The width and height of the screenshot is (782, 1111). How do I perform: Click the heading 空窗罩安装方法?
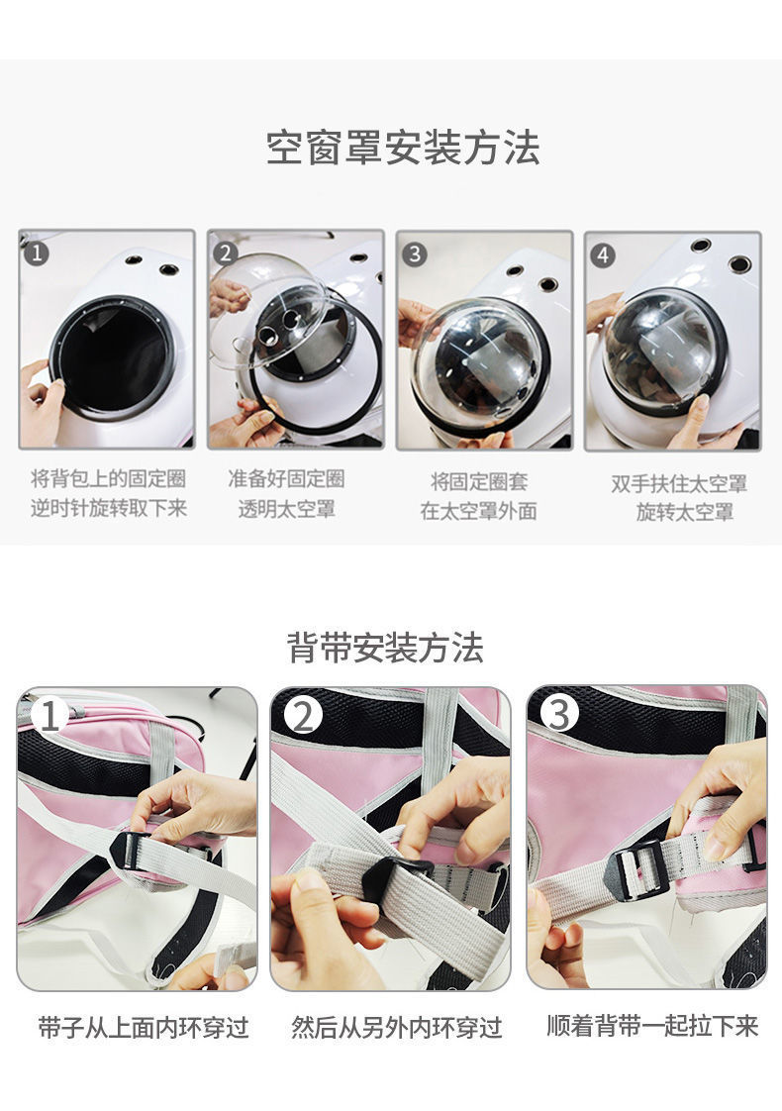403,149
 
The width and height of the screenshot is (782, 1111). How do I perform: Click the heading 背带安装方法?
385,648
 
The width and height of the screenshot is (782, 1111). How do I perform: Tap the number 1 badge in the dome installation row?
36,253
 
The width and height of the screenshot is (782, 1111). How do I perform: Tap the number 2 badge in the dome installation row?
225,253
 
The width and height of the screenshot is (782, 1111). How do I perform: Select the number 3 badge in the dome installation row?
414,253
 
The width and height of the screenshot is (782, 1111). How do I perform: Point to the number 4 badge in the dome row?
602,254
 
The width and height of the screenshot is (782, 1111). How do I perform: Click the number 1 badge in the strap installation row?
49,714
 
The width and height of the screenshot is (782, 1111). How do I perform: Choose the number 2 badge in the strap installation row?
303,714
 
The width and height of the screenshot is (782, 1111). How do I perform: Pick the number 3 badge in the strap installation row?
559,714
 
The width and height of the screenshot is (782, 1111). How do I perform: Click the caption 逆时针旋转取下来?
108,508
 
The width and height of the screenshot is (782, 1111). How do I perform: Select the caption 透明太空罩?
286,509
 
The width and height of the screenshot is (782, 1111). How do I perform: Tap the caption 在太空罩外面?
479,512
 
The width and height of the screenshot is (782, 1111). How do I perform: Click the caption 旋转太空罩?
685,513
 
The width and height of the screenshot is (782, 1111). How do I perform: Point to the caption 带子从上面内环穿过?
144,1027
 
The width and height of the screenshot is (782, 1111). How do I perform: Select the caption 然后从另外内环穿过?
397,1027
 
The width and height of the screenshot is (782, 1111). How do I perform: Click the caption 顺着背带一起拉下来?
652,1025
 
